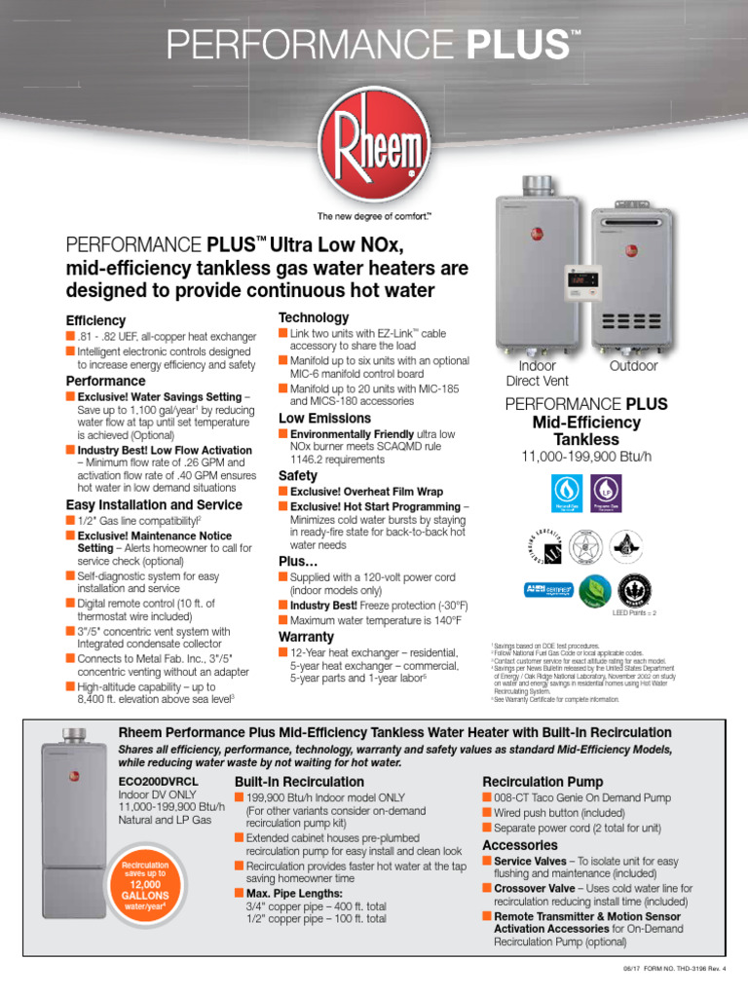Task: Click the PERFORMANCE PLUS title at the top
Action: coord(373,44)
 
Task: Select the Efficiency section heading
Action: coord(95,320)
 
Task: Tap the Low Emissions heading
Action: coord(324,419)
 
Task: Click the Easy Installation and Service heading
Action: coord(154,505)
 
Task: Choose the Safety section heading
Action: coord(298,476)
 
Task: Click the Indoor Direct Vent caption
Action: coord(537,374)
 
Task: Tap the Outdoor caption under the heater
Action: coord(633,366)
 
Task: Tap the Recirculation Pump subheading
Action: coord(542,782)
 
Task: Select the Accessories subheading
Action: coord(520,845)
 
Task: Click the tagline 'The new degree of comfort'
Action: coord(374,215)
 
